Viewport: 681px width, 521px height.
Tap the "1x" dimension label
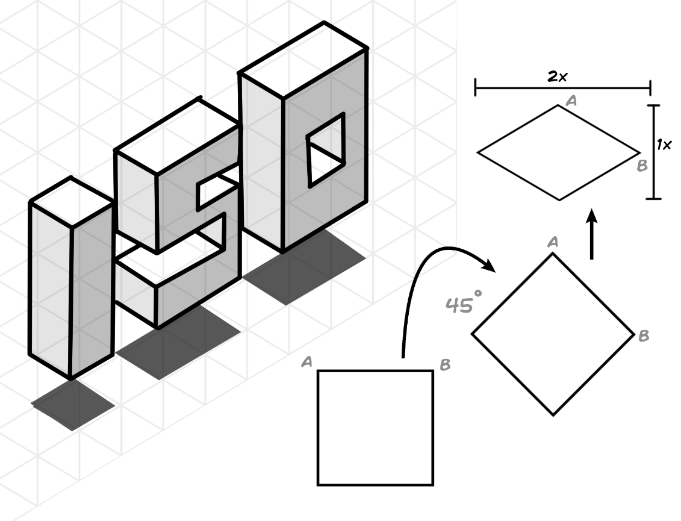664,145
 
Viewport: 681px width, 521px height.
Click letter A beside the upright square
306,361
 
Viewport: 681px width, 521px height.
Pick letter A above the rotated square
553,242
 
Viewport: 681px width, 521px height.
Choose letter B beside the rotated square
643,336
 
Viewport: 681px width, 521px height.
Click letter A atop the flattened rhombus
571,101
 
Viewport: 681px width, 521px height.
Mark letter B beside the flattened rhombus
642,165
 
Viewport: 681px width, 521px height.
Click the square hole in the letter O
327,151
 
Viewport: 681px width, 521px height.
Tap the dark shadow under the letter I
73,404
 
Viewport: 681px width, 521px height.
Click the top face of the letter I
71,201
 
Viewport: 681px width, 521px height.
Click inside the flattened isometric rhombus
558,152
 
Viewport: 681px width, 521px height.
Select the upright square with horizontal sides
375,427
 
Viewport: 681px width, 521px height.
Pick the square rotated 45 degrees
553,334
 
